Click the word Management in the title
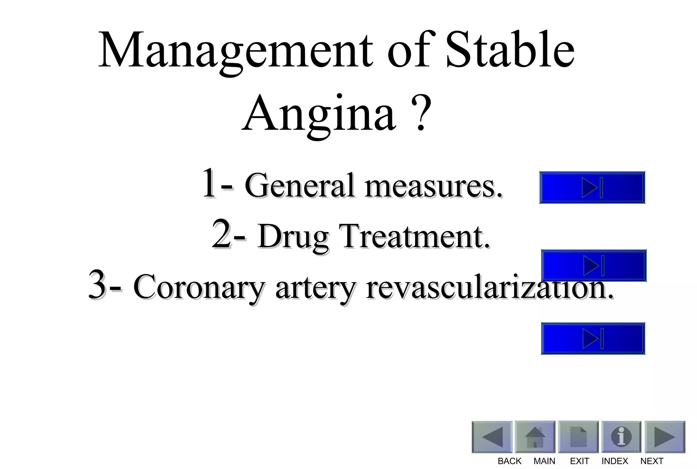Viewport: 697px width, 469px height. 235,51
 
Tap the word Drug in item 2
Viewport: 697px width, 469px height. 293,237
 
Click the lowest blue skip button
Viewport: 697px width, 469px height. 593,339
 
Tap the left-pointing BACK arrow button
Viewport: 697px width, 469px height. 492,437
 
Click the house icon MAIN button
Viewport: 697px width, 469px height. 535,437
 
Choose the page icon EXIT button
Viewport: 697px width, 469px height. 578,437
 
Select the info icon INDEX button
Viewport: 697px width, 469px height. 621,437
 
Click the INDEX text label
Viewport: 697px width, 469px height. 615,461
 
